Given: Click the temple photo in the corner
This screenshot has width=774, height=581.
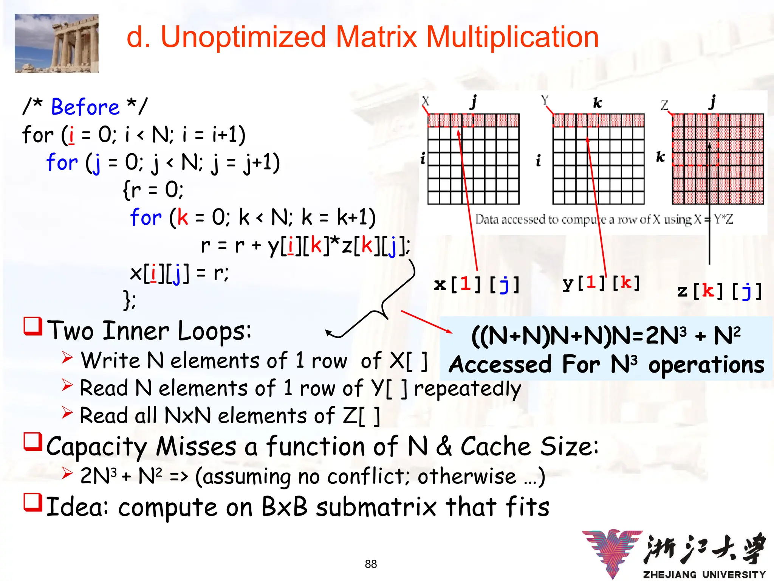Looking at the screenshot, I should pyautogui.click(x=56, y=43).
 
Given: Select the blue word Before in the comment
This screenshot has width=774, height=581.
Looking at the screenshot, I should pyautogui.click(x=85, y=107).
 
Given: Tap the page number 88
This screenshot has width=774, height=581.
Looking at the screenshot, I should pyautogui.click(x=371, y=564).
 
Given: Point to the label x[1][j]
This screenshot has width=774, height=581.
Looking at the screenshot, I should pyautogui.click(x=477, y=284).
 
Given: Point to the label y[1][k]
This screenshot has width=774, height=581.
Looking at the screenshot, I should pyautogui.click(x=601, y=283).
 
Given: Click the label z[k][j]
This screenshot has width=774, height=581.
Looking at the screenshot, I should pyautogui.click(x=719, y=291).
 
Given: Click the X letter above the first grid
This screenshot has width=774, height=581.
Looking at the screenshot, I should pyautogui.click(x=426, y=101).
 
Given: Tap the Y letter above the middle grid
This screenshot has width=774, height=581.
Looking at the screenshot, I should pyautogui.click(x=545, y=100).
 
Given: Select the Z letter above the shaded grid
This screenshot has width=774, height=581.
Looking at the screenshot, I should pyautogui.click(x=664, y=105).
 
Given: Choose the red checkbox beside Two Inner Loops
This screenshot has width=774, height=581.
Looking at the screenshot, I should pyautogui.click(x=33, y=326).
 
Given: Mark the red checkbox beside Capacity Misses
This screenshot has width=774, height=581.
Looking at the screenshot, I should pyautogui.click(x=33, y=442).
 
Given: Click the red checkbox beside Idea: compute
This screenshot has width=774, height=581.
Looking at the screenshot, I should pyautogui.click(x=33, y=502).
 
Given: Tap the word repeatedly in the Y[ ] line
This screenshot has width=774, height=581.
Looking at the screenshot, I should pyautogui.click(x=467, y=388).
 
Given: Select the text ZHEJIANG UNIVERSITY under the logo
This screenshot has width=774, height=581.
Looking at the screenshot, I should pyautogui.click(x=704, y=575).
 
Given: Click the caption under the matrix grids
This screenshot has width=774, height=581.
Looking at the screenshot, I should pyautogui.click(x=604, y=219).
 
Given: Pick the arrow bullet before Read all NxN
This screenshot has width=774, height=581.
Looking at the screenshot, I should pyautogui.click(x=67, y=413).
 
